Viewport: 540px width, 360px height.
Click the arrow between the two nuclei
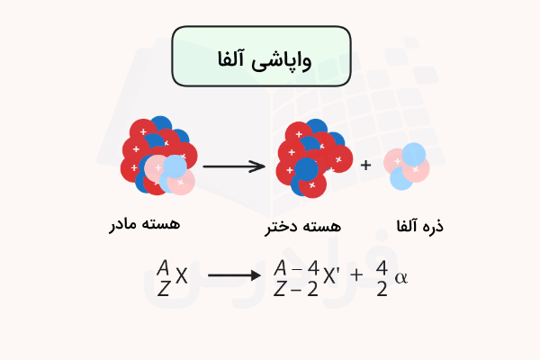point(233,166)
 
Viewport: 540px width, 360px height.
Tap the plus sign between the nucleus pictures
point(365,166)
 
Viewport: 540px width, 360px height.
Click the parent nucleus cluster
point(157,157)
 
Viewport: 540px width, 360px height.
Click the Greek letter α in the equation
point(401,277)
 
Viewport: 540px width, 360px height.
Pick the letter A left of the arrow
point(163,267)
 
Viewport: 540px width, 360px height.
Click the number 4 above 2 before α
point(382,267)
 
